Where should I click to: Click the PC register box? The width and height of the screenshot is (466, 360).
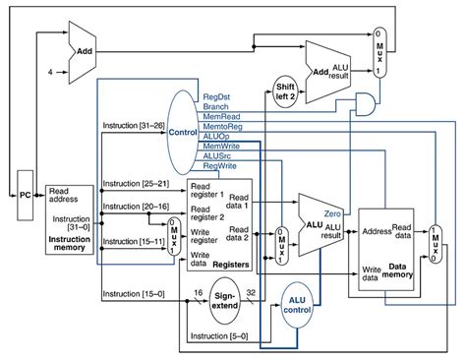(25, 195)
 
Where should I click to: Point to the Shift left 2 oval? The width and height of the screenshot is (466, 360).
(285, 90)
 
